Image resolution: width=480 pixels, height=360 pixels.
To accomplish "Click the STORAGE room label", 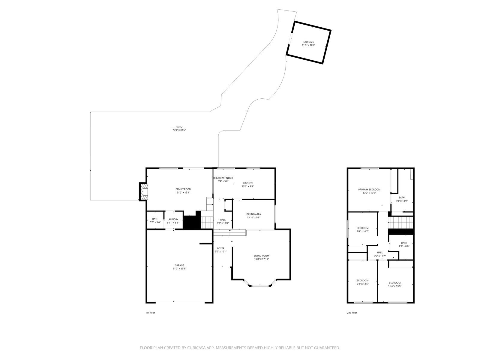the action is [308, 42].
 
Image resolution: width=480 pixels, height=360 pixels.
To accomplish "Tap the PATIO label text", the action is [179, 127].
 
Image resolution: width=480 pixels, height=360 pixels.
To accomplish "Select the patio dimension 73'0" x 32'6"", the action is [179, 130].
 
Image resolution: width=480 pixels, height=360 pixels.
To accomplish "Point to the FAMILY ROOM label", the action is [183, 189].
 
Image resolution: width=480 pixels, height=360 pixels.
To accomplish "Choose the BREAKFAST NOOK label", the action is [223, 178].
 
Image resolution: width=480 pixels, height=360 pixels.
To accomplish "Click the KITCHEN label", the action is [247, 183].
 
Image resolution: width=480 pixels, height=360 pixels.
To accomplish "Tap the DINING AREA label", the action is [253, 214].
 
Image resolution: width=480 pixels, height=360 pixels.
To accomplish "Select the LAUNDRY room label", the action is [173, 220].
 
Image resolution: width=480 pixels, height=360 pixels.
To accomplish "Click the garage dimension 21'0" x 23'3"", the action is [179, 268].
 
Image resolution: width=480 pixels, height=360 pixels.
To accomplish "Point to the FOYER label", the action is [220, 248].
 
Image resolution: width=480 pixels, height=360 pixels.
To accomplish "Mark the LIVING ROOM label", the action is [261, 256].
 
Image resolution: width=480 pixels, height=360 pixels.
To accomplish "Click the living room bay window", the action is [260, 285].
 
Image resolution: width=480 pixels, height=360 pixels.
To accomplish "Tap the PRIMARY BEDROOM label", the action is [369, 190].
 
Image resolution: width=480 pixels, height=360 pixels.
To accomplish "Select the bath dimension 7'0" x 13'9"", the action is [401, 201].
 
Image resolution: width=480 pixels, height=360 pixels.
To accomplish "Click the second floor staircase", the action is [400, 222].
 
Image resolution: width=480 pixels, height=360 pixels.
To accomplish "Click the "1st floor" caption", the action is [151, 313].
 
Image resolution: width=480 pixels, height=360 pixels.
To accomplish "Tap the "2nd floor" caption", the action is [352, 313].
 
